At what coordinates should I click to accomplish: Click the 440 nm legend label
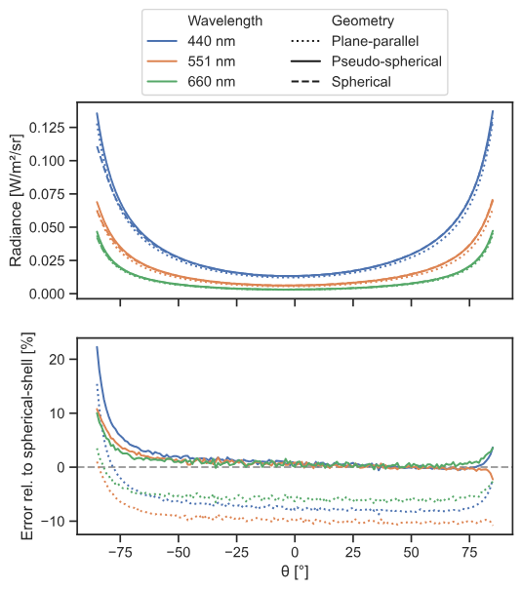[212, 41]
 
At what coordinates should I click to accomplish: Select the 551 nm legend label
[212, 61]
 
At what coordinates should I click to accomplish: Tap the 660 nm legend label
[212, 82]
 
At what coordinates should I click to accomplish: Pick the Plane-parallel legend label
[375, 41]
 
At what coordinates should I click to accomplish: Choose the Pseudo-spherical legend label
[386, 61]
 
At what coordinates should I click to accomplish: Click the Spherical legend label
[361, 82]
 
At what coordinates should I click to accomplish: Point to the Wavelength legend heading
[225, 20]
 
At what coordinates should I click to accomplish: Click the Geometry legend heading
[363, 21]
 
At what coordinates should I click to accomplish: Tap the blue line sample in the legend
[162, 41]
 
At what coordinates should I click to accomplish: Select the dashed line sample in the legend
[305, 82]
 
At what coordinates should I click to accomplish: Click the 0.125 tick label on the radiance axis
[47, 128]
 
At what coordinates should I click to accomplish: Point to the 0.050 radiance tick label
[47, 227]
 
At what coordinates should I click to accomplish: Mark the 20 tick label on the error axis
[57, 359]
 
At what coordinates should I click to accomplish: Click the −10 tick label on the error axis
[53, 522]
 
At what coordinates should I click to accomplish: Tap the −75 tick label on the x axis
[120, 552]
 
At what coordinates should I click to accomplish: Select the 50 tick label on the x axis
[411, 552]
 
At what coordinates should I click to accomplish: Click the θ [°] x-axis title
[295, 571]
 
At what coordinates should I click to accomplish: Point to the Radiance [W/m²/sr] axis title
[16, 200]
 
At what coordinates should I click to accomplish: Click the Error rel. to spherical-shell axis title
[28, 436]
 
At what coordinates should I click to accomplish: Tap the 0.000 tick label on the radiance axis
[47, 294]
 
